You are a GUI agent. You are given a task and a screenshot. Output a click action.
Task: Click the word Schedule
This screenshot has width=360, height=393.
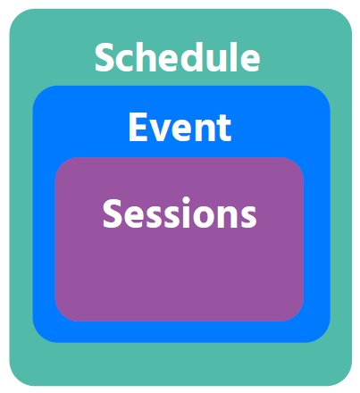click(x=177, y=58)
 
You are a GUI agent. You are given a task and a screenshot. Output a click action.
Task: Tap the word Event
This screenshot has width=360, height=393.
click(x=180, y=128)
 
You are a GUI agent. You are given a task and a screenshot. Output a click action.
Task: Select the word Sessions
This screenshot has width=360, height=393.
click(x=180, y=214)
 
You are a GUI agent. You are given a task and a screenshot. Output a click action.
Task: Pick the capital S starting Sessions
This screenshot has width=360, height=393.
click(x=113, y=214)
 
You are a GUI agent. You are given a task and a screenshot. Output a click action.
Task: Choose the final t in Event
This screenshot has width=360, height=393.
click(x=223, y=129)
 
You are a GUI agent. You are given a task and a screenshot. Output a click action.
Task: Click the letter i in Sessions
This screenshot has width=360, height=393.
click(x=187, y=213)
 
